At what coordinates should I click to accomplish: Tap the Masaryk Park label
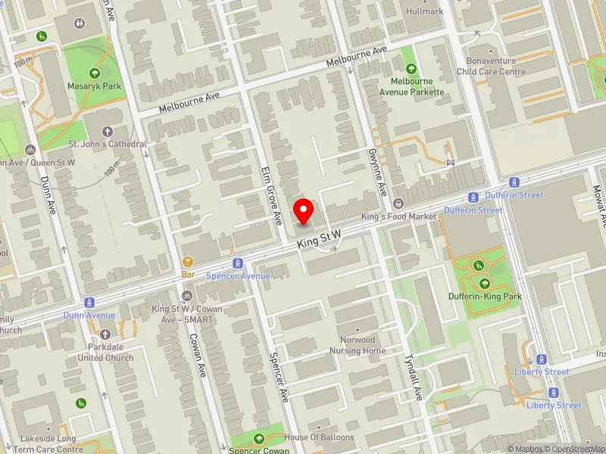pos(95,86)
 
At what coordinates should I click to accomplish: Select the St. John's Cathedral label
pos(108,144)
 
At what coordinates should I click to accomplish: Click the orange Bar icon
pos(187,262)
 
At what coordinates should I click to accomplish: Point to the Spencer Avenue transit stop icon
pos(238,263)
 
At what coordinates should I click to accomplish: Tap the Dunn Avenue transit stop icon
pos(89,303)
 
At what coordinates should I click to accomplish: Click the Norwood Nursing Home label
pos(358,345)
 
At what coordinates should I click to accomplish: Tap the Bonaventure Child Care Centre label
pos(490,67)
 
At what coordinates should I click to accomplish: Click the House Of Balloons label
pos(319,438)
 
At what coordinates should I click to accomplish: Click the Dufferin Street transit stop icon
pos(514,182)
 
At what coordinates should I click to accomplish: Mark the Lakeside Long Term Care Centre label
pos(48,444)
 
